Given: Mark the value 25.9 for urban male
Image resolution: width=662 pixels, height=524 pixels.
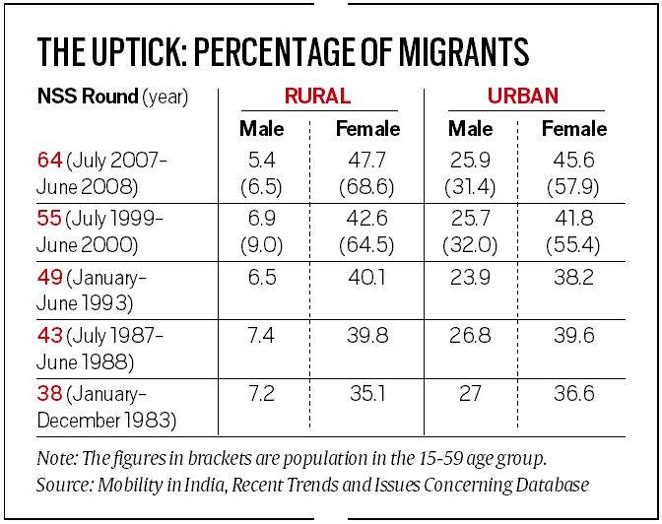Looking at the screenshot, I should click(x=471, y=160).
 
